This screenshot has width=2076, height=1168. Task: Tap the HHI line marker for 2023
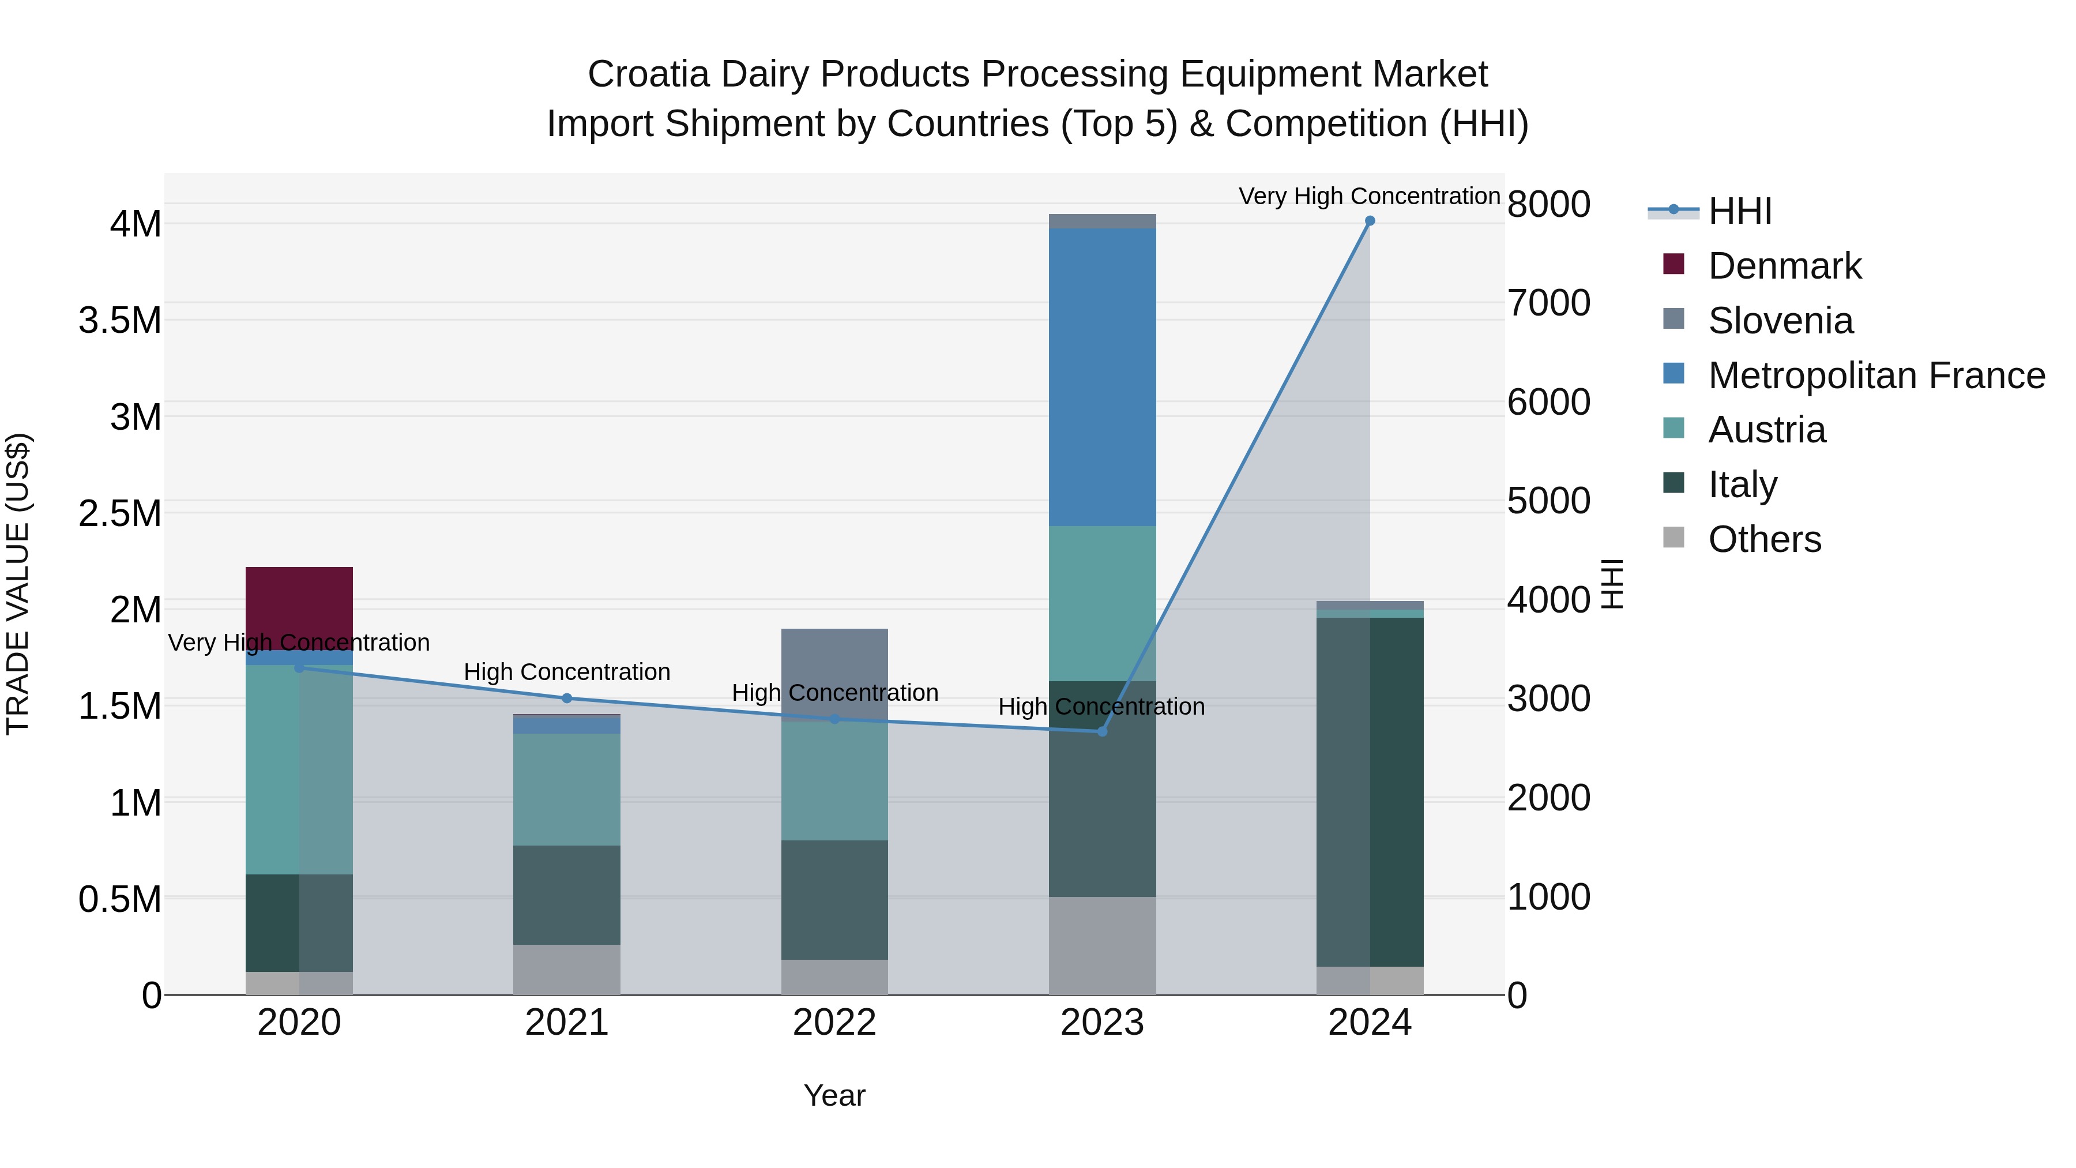pos(1103,731)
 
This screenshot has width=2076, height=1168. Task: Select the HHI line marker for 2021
pos(566,698)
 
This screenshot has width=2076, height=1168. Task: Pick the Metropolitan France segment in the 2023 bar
pos(1103,377)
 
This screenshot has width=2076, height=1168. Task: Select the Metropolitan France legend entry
pos(1875,375)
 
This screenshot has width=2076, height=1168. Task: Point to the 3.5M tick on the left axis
pos(119,321)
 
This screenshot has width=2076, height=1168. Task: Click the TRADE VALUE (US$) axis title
pos(18,584)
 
